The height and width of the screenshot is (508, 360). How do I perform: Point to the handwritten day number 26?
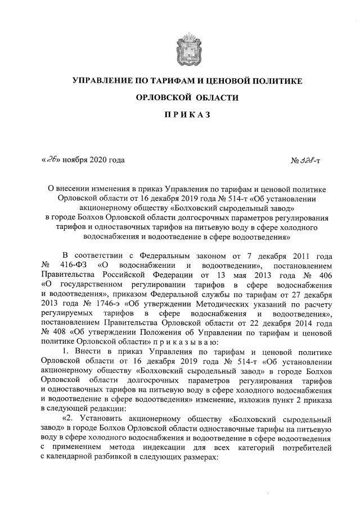pos(52,160)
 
